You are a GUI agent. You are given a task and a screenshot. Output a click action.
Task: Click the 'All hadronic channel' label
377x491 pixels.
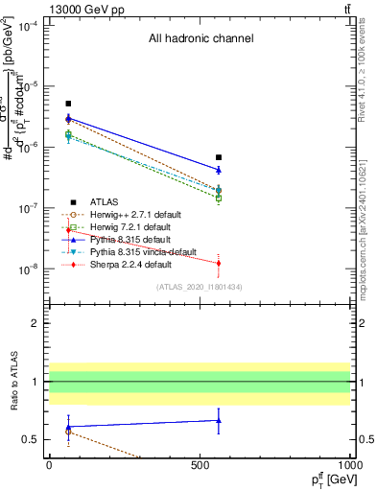point(200,39)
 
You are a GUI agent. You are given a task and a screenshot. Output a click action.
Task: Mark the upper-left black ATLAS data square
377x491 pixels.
point(68,104)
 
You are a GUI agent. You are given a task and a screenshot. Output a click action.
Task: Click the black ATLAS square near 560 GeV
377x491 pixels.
point(219,157)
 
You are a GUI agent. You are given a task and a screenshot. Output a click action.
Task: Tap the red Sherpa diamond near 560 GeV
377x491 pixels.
point(219,263)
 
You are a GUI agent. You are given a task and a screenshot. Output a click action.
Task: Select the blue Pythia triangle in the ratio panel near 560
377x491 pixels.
point(219,420)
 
